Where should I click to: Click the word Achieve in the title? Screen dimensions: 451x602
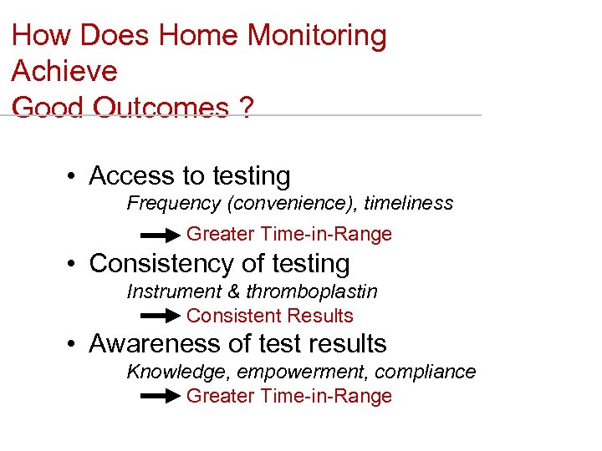pos(64,71)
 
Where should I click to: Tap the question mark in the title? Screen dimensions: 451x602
pos(244,108)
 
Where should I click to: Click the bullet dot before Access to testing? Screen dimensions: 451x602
pos(74,177)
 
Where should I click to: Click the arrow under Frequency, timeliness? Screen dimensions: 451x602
pos(161,235)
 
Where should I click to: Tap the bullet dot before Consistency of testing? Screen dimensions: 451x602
pos(74,265)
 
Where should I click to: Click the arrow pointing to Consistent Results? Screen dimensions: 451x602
pos(161,317)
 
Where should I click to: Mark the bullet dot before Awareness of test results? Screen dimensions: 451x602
pos(74,345)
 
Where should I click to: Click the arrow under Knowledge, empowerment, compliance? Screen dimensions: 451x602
pos(161,397)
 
